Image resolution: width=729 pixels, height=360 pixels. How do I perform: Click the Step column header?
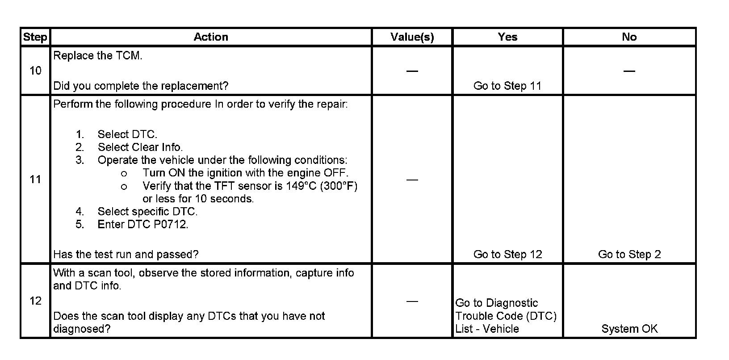(x=35, y=37)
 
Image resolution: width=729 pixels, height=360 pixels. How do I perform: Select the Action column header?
(x=211, y=37)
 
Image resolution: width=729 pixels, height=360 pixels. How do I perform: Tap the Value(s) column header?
(x=412, y=37)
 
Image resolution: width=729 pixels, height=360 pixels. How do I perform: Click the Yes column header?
(x=507, y=37)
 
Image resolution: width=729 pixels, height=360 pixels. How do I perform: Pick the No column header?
(x=629, y=37)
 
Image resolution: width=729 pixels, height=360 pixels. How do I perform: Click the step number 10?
(x=35, y=71)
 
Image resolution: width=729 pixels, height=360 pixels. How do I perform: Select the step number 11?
(x=35, y=180)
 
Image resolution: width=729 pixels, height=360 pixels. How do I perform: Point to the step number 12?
(x=35, y=301)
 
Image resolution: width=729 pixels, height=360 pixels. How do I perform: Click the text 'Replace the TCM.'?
(x=98, y=56)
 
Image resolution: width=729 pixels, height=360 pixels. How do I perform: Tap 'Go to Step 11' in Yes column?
(x=507, y=86)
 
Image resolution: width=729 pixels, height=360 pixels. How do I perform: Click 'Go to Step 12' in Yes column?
(x=507, y=255)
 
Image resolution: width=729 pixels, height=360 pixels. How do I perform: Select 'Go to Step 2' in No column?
(x=629, y=255)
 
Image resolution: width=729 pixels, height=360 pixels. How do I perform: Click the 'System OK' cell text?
(x=629, y=329)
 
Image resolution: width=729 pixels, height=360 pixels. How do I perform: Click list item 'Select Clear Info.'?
(x=140, y=147)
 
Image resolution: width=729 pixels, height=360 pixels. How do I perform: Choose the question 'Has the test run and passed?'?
(x=126, y=255)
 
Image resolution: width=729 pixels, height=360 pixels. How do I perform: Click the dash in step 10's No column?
(x=629, y=71)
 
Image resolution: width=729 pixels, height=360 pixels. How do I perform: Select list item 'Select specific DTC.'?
(x=147, y=212)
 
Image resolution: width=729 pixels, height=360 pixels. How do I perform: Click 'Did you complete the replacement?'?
(x=141, y=86)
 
